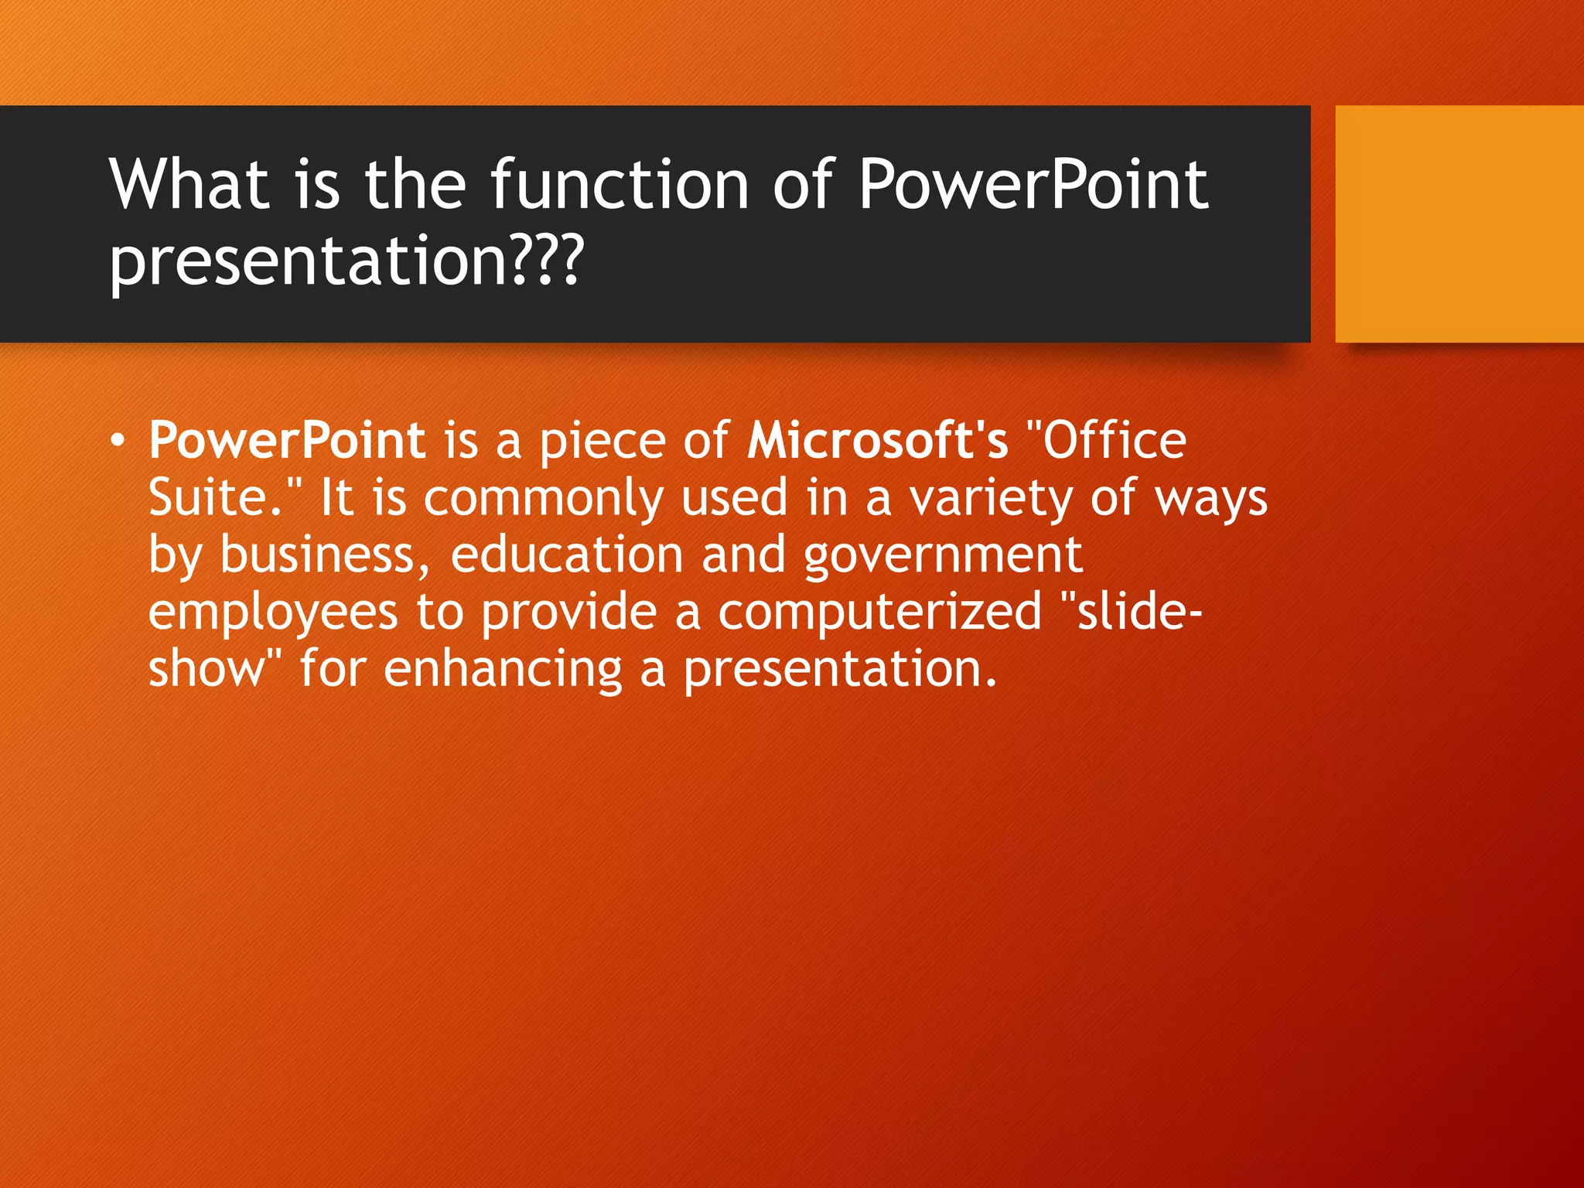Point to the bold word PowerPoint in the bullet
point(287,441)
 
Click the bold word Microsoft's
point(877,441)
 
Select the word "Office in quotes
point(1106,441)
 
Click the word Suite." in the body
point(225,497)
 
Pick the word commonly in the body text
point(543,497)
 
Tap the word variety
point(990,497)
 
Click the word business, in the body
point(325,555)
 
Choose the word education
point(566,555)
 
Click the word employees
point(272,613)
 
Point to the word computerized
point(879,613)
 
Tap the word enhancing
point(503,669)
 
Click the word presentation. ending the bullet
point(840,669)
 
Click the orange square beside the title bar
point(1459,224)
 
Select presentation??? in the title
point(346,261)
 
